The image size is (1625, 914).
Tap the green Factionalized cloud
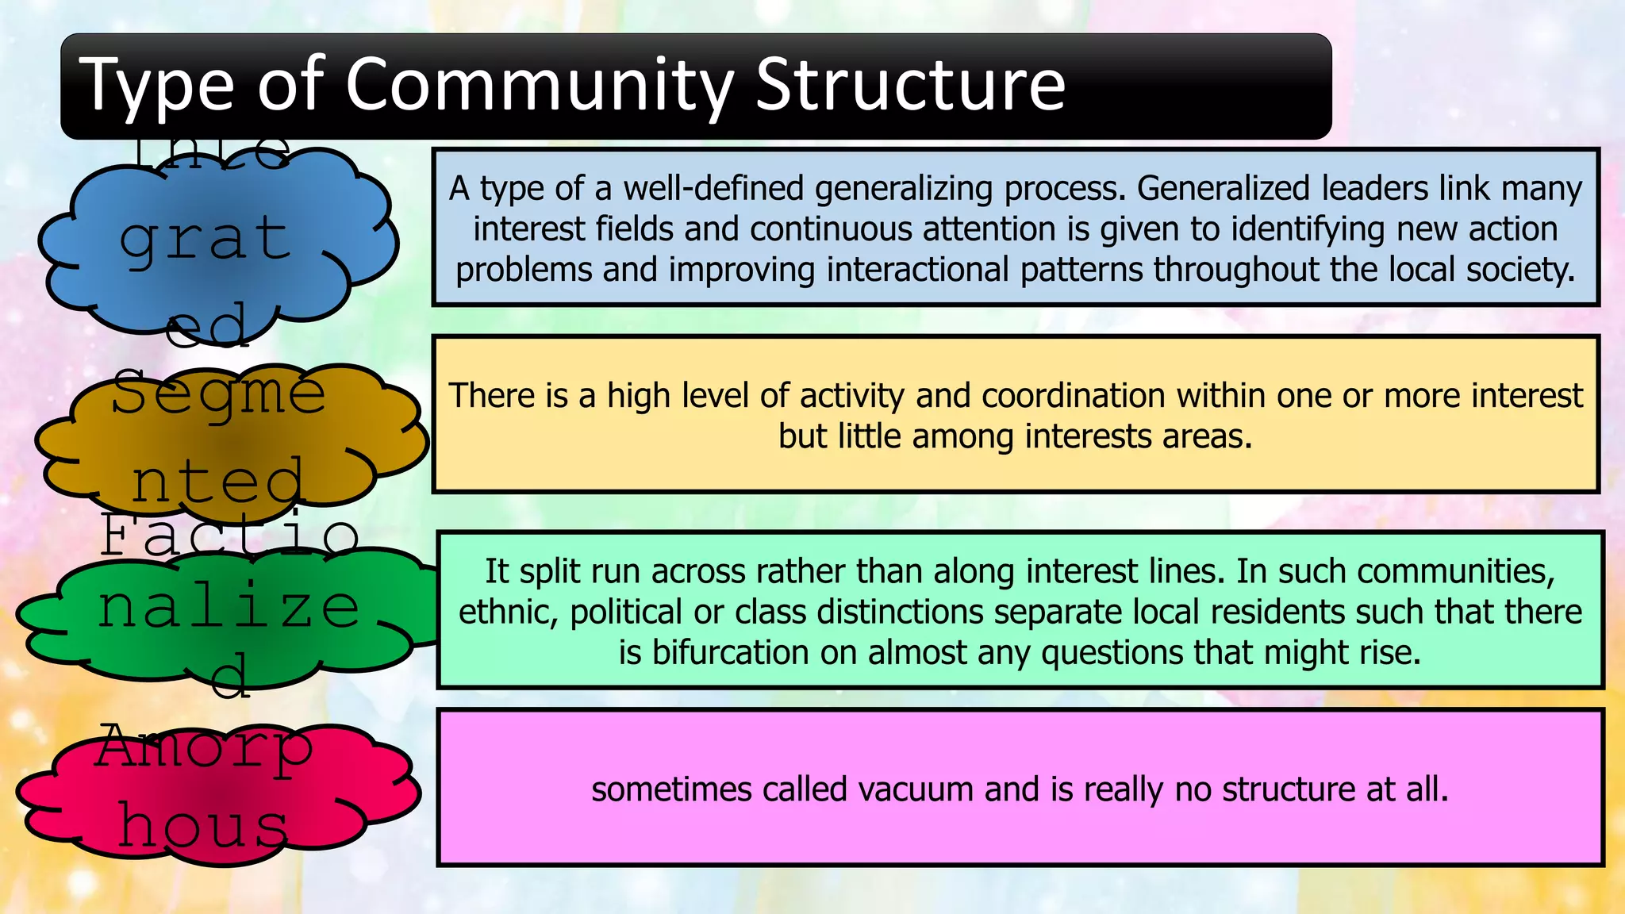point(226,615)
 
